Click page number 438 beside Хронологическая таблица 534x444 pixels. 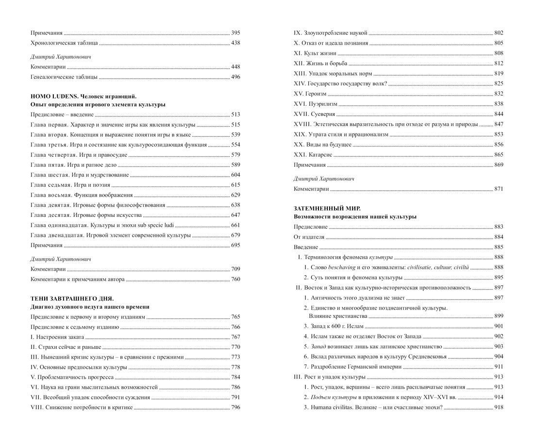(235, 43)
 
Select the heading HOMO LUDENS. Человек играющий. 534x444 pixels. (83, 96)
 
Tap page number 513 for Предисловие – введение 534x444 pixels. (235, 115)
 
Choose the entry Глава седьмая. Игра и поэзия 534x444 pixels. (70, 185)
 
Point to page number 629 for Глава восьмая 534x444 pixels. (235, 195)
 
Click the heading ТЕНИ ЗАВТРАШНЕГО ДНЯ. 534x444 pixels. (72, 298)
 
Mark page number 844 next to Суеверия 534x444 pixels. (499, 114)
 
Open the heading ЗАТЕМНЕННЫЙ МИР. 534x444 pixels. (327, 208)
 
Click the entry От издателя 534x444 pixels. (309, 237)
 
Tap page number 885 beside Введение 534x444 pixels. (499, 247)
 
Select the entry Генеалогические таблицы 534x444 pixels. (64, 77)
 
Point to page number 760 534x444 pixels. (235, 279)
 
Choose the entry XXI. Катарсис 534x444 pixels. (313, 154)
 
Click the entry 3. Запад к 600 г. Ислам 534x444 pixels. (334, 326)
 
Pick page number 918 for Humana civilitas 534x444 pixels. (499, 407)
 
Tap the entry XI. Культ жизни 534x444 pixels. (315, 53)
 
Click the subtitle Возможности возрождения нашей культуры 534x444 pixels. (355, 216)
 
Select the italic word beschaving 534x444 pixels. (342, 267)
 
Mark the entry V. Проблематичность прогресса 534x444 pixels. (72, 377)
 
